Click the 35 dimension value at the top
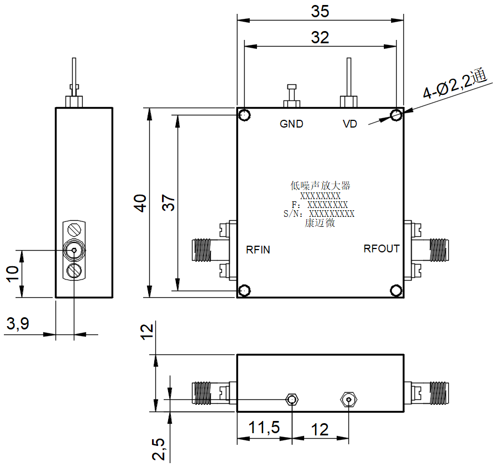(320, 12)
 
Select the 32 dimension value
(320, 38)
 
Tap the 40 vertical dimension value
(140, 203)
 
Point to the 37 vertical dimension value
(168, 202)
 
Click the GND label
(291, 124)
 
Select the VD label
(350, 124)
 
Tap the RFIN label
(258, 250)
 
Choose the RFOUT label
(382, 249)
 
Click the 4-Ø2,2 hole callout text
(454, 83)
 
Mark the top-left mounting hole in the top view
(244, 115)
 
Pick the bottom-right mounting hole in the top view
(396, 290)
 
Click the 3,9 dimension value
(18, 324)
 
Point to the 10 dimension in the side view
(12, 274)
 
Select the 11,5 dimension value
(264, 428)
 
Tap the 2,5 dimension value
(159, 449)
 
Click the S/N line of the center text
(319, 214)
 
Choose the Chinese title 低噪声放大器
(320, 186)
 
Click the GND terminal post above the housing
(292, 96)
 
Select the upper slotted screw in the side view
(74, 230)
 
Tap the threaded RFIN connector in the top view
(210, 250)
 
